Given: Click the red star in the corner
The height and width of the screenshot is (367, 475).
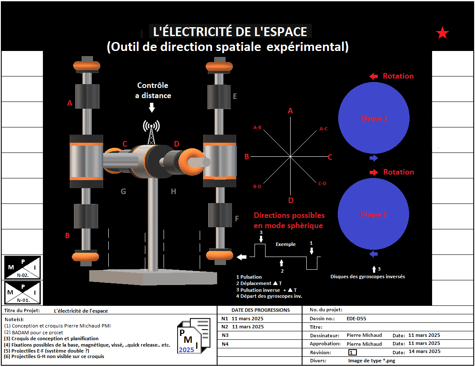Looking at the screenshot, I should click(x=442, y=33).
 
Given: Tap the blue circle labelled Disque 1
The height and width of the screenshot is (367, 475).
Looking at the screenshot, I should click(x=374, y=118).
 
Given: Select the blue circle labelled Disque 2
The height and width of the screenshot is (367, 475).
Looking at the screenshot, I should click(x=374, y=214).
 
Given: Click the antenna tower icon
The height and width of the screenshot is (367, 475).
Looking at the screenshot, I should click(x=151, y=132).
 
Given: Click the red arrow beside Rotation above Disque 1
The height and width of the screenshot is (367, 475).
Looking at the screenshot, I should click(x=373, y=76).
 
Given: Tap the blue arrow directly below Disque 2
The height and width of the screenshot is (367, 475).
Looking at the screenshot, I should click(x=373, y=254).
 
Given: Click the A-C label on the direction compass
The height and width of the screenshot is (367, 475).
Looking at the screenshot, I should click(x=323, y=128).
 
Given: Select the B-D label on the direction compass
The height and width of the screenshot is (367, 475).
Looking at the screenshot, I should click(x=257, y=186).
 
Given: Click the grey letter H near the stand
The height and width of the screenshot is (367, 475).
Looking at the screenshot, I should click(x=173, y=192).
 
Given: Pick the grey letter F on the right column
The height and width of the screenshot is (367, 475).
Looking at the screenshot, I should click(x=237, y=219).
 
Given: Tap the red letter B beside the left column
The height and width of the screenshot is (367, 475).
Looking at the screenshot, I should click(x=67, y=235).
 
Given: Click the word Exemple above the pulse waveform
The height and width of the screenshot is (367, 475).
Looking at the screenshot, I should click(x=286, y=244).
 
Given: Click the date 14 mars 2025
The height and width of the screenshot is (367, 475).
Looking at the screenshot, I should click(x=424, y=351).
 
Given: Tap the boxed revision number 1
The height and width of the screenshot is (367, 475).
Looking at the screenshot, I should click(x=352, y=352).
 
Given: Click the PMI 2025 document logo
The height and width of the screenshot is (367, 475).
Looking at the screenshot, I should click(x=193, y=336).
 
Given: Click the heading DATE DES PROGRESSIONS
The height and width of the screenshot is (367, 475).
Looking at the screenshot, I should click(x=260, y=310).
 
